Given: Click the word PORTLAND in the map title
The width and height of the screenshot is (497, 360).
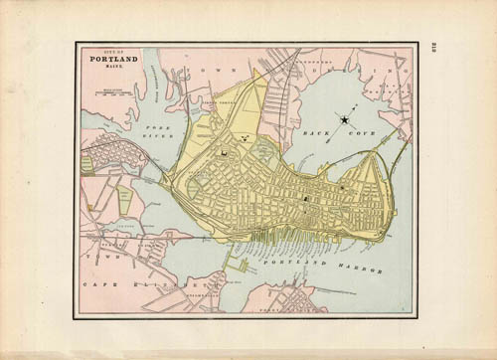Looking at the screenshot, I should pos(110,59).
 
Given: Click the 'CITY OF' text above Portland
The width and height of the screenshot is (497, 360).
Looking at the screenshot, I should pos(108,51).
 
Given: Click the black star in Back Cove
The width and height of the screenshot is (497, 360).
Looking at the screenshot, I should pos(345,119).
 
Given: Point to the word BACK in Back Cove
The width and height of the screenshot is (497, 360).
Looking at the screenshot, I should pos(302,129).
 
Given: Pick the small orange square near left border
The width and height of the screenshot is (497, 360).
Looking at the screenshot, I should pos(89,207).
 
